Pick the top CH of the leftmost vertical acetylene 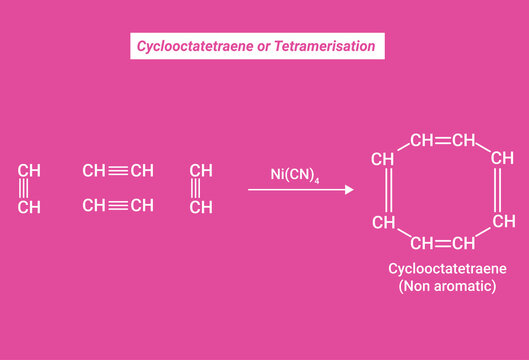[x=29, y=170]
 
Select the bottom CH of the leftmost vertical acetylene [x=29, y=207]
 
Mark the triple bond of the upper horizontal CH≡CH [x=118, y=171]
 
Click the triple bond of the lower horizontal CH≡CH [x=118, y=206]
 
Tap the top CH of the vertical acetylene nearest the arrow [x=201, y=170]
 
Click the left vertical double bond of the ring [x=384, y=189]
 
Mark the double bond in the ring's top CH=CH [x=443, y=140]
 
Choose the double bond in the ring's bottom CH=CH [x=443, y=243]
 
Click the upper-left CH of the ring [x=383, y=158]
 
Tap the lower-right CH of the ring [x=502, y=221]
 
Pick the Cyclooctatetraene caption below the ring [x=447, y=270]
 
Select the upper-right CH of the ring [x=502, y=158]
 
